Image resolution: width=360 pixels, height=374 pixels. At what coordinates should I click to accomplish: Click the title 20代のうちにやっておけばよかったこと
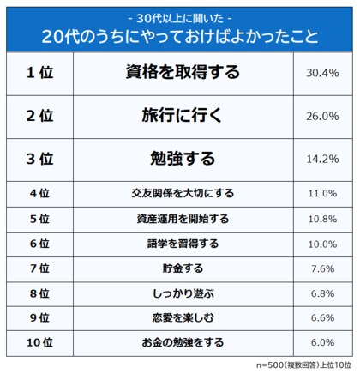point(179,37)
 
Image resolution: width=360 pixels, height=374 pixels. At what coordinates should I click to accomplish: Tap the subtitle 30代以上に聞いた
point(179,16)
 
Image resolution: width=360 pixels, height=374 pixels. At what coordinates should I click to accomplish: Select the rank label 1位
point(39,74)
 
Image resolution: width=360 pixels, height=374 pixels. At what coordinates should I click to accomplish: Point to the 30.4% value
point(321,74)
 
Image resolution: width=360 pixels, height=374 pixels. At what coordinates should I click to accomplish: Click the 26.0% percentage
point(321,116)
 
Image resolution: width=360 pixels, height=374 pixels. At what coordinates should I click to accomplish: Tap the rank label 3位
point(39,158)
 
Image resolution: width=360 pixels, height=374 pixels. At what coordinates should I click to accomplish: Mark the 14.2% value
point(321,158)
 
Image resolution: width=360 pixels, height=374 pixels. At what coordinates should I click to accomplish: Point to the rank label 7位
point(39,268)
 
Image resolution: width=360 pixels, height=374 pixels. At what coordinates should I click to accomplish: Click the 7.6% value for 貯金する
point(321,268)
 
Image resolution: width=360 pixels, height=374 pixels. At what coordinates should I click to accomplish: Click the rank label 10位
point(39,342)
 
